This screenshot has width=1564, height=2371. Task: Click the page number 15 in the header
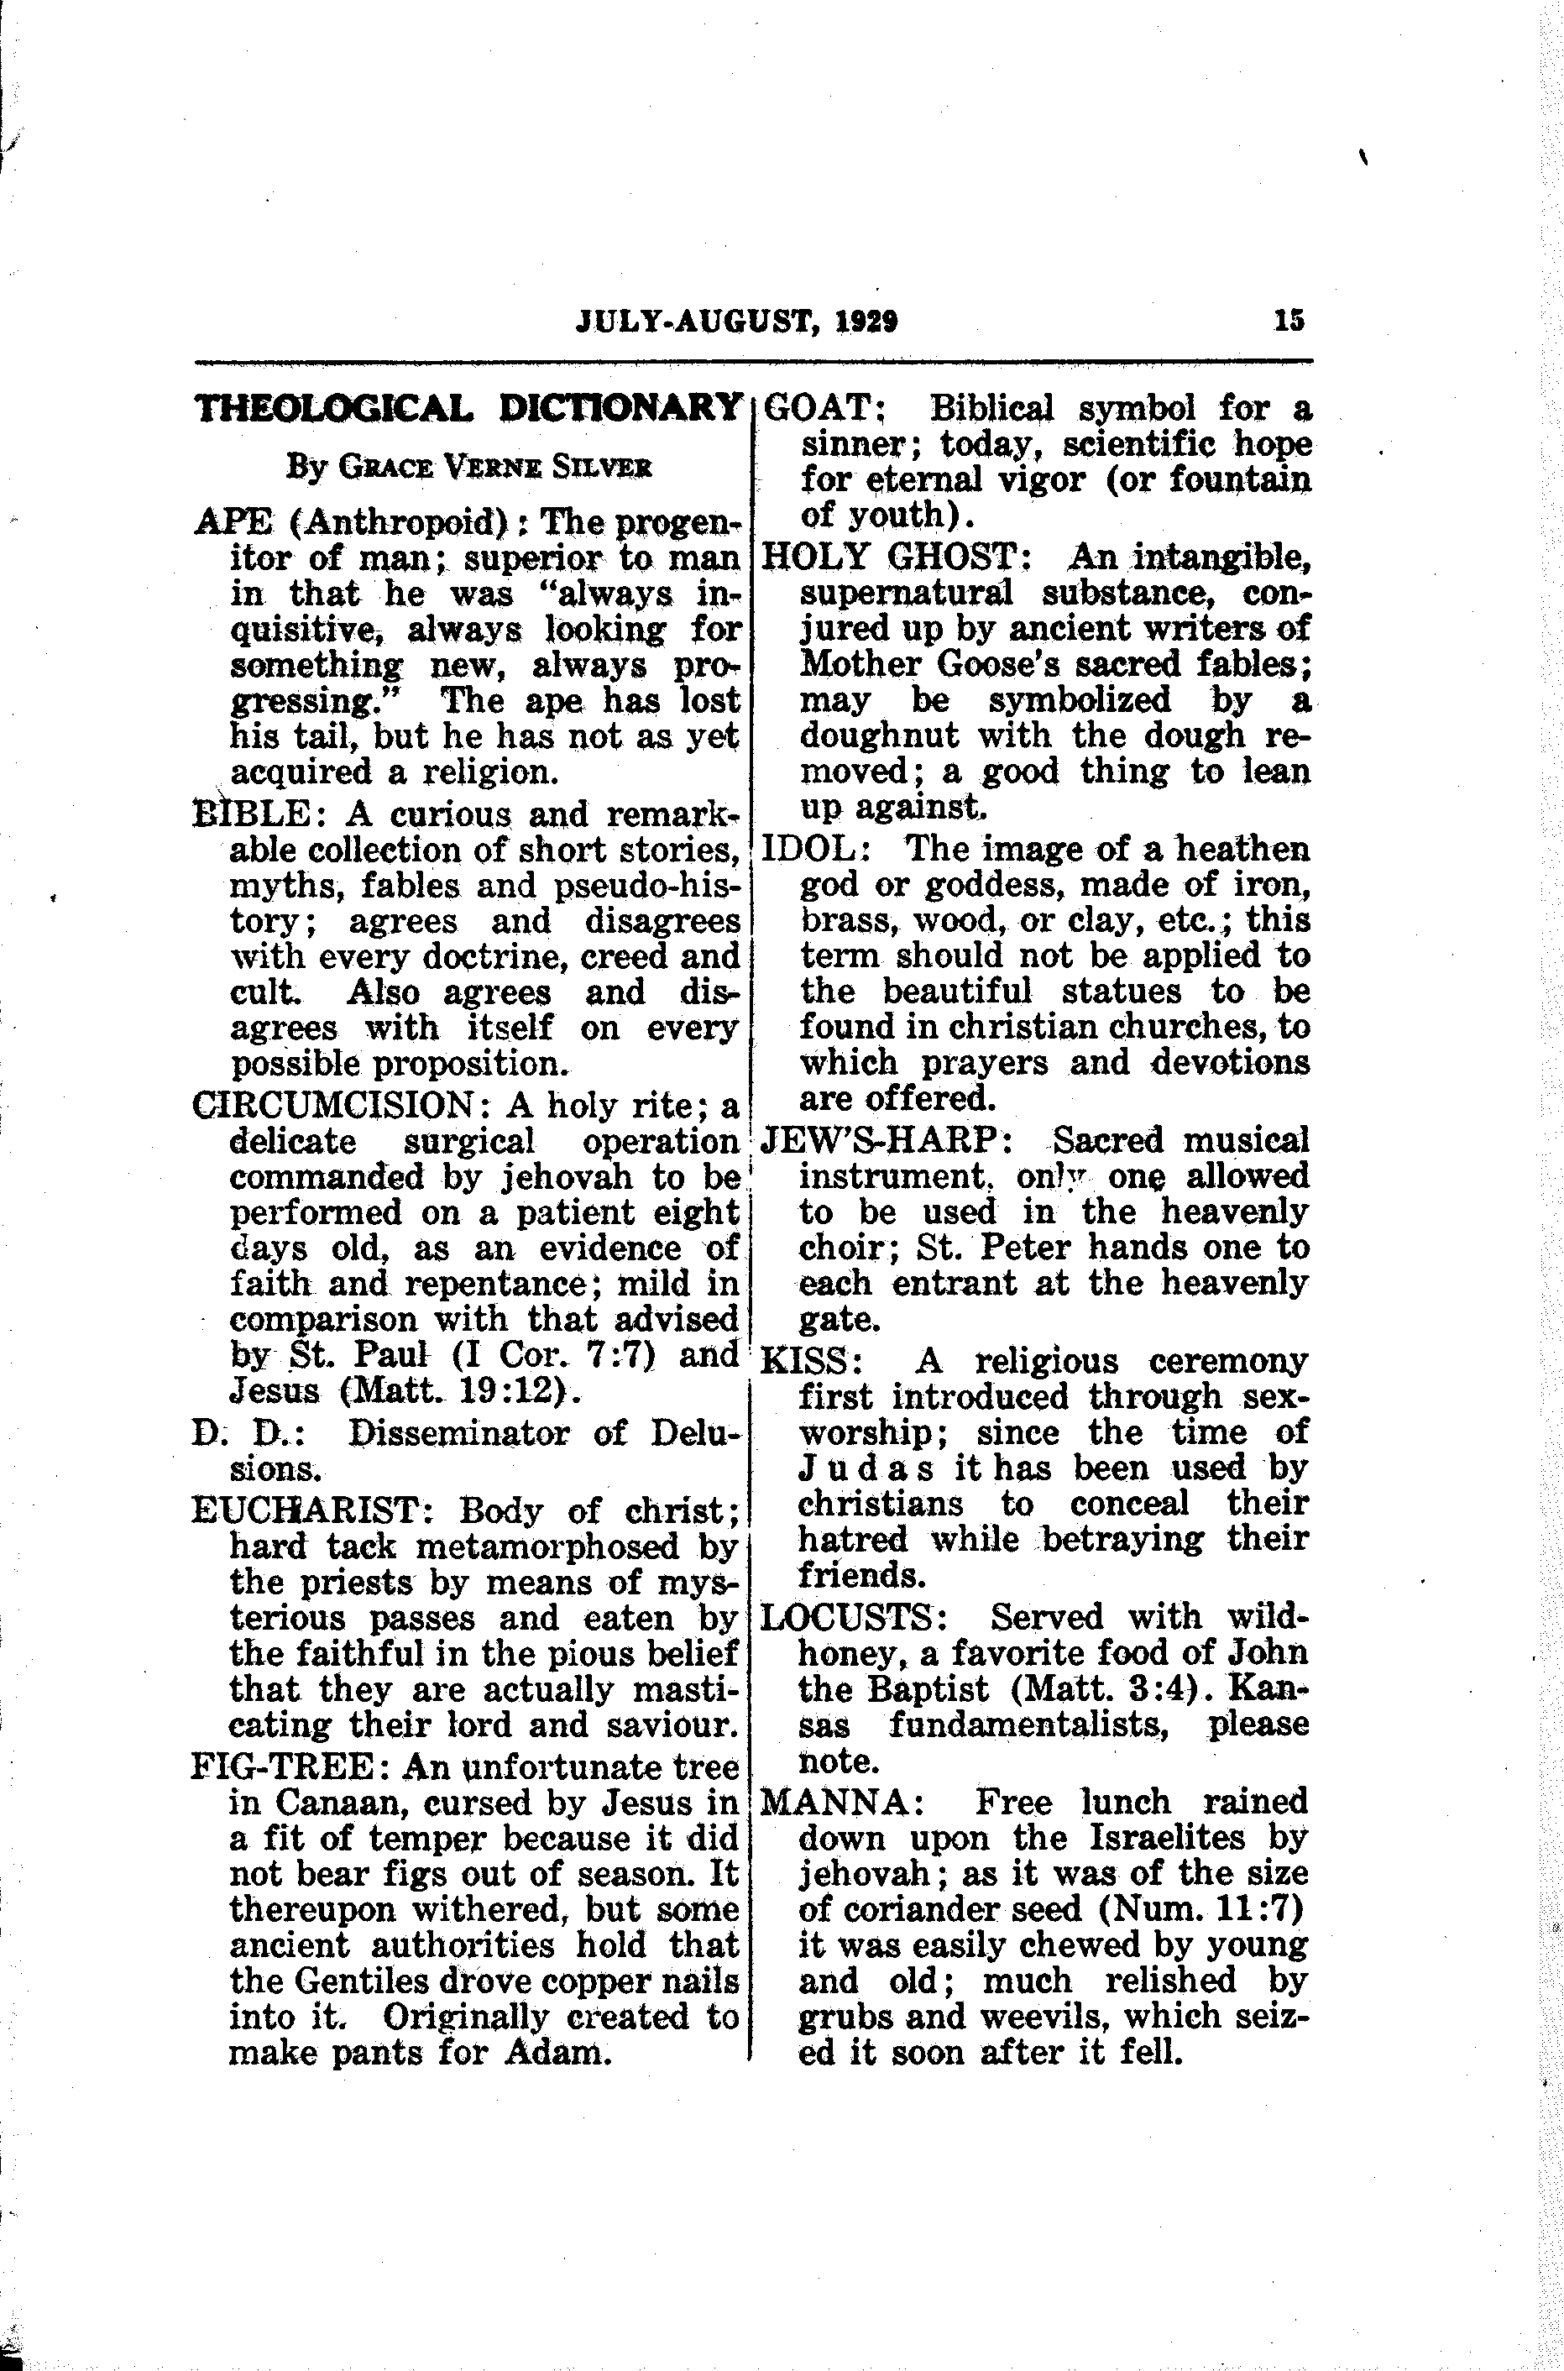click(1288, 322)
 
